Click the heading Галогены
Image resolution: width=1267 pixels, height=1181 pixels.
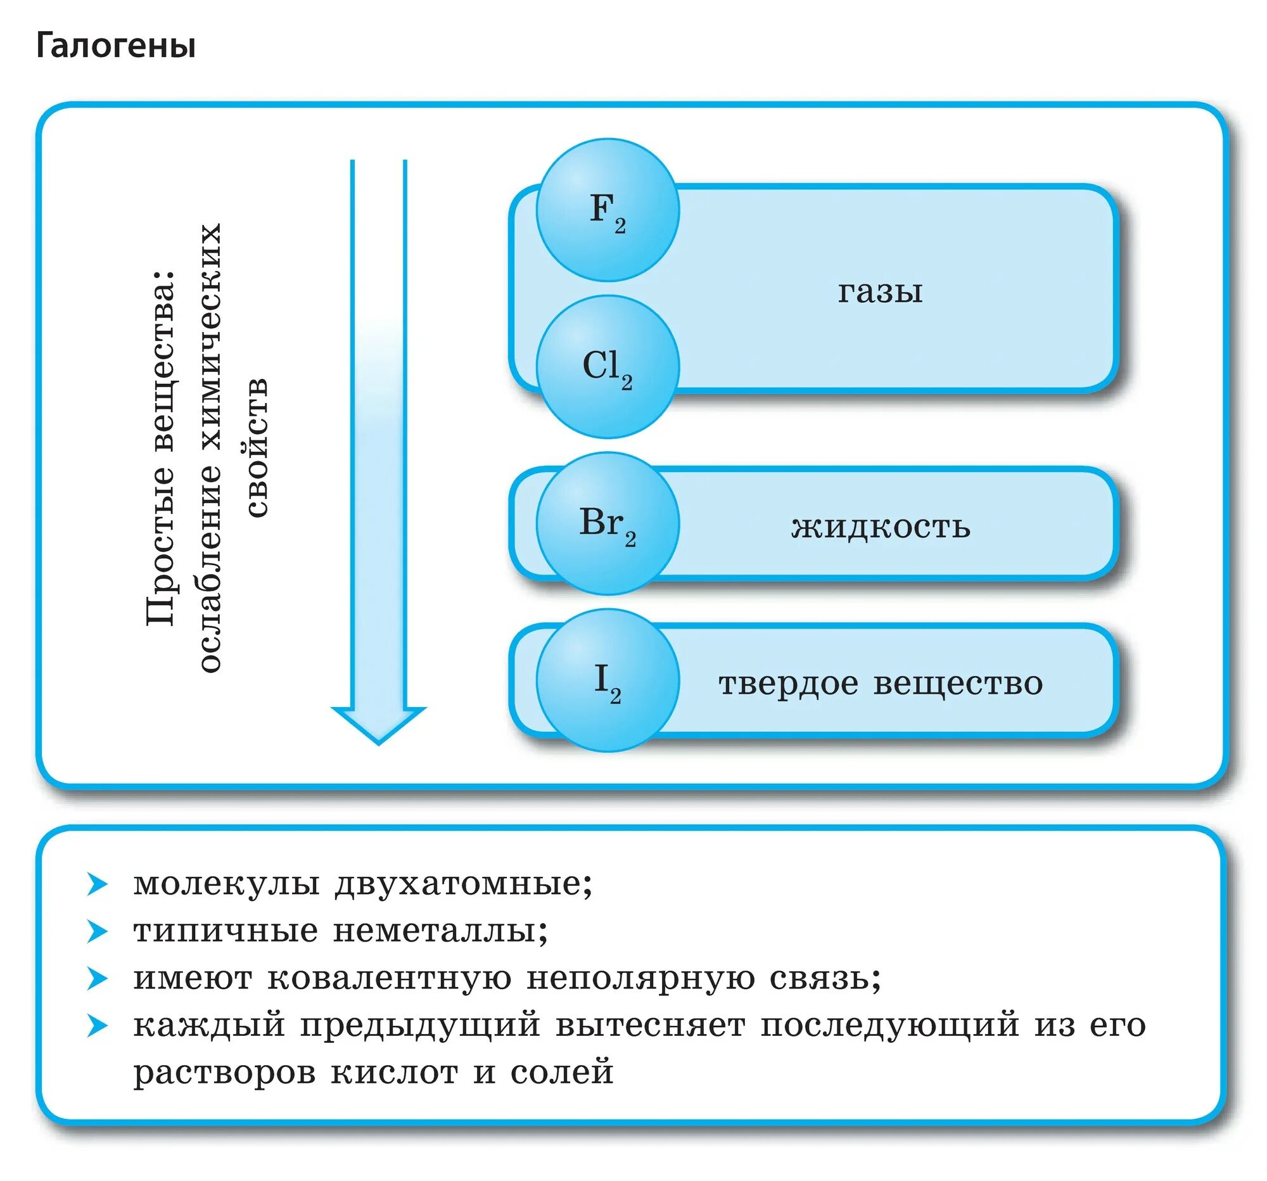click(115, 46)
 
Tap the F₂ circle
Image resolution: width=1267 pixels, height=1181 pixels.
click(608, 210)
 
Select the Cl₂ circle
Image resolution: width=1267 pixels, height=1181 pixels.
click(608, 367)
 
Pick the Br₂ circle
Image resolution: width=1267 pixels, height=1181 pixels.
click(608, 524)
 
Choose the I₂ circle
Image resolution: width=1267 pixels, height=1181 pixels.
click(608, 680)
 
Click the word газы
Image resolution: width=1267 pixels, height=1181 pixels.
click(879, 292)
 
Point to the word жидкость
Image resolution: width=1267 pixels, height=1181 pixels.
click(880, 527)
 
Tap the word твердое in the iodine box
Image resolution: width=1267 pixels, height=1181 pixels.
click(788, 683)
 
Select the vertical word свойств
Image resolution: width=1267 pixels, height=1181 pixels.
click(257, 447)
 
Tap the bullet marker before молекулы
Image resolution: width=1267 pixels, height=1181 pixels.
click(98, 884)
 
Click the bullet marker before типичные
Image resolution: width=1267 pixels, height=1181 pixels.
click(98, 932)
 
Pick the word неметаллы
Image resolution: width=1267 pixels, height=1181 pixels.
click(440, 931)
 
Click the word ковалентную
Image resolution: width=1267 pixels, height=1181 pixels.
click(390, 978)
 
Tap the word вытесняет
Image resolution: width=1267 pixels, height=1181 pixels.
click(650, 1026)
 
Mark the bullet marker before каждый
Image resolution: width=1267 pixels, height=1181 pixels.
click(98, 1026)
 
